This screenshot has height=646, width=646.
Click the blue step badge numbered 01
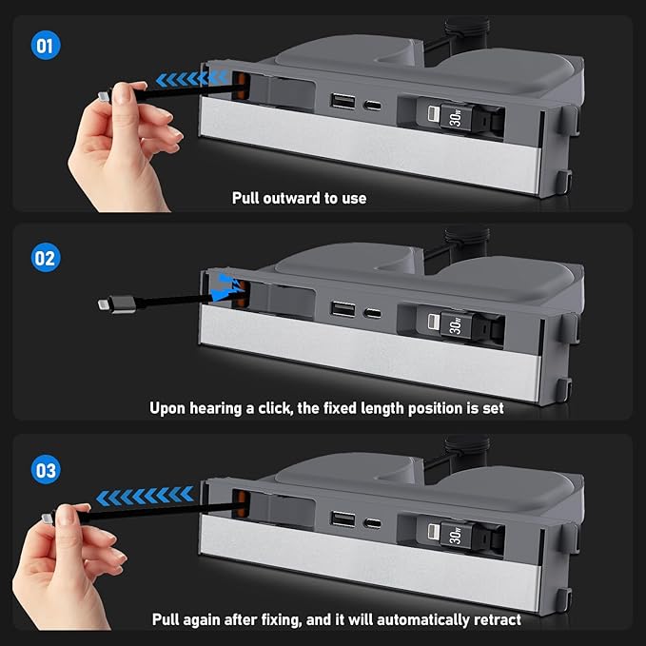pyautogui.click(x=45, y=45)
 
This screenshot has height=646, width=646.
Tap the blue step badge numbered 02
pyautogui.click(x=45, y=257)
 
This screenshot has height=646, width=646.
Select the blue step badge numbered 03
pyautogui.click(x=45, y=470)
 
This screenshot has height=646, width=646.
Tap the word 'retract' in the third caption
pyautogui.click(x=495, y=619)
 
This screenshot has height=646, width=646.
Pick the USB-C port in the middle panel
pyautogui.click(x=374, y=312)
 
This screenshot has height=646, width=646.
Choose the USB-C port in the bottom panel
pyautogui.click(x=374, y=522)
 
